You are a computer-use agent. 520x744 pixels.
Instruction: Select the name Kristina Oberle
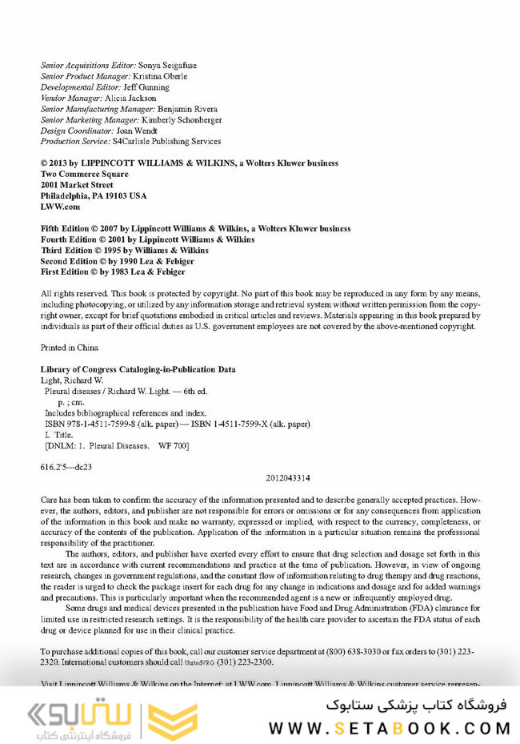(160, 76)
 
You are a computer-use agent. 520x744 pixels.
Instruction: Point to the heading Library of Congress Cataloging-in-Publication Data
(138, 369)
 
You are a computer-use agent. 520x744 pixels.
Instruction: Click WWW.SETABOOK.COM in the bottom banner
(389, 728)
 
